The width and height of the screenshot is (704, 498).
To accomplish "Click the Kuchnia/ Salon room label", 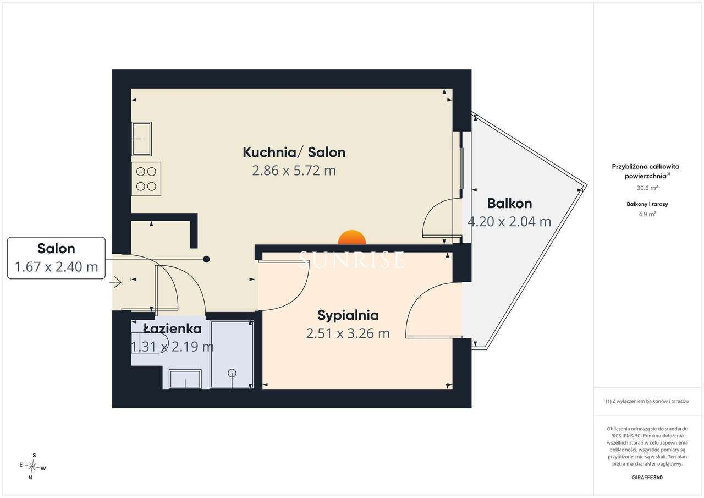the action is [294, 152].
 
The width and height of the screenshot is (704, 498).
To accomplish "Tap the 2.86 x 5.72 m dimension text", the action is [294, 171].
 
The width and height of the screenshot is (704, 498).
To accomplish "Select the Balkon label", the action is [509, 204].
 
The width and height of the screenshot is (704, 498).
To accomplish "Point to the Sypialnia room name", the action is [348, 316].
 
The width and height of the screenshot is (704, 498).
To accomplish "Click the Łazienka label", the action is [173, 329].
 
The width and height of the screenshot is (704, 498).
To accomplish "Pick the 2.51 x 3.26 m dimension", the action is [348, 333].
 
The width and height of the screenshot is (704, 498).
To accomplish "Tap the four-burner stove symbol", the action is [146, 179].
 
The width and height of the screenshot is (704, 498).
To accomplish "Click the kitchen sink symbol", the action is [142, 139].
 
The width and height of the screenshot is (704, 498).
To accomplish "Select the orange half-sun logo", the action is [352, 237].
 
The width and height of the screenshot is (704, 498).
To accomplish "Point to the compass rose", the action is [32, 467].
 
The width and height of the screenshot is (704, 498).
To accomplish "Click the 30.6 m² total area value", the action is [647, 188].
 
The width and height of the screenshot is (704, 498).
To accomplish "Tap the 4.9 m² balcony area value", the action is [647, 214].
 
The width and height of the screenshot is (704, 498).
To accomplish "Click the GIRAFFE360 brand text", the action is [647, 477].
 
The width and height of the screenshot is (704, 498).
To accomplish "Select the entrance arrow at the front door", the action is [115, 282].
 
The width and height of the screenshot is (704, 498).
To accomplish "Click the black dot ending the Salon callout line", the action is [206, 259].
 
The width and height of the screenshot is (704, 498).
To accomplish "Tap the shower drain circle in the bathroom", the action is [232, 373].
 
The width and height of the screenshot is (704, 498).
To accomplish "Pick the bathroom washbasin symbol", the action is [185, 379].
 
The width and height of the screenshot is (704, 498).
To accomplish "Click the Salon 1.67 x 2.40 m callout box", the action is [56, 258].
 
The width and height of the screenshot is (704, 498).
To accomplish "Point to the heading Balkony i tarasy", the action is [647, 204].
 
